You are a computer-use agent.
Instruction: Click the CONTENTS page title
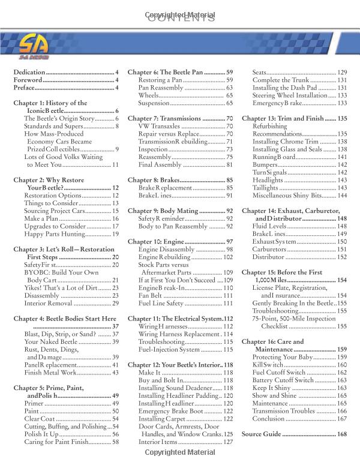180,17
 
